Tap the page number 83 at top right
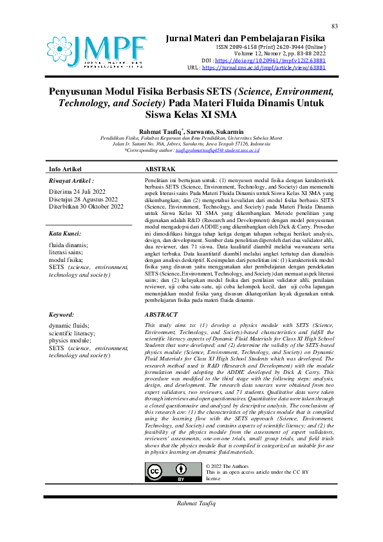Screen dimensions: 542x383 pos(335,26)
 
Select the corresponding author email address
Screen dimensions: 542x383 pos(221,149)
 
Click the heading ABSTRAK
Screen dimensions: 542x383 pos(162,168)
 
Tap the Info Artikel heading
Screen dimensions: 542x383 pos(66,169)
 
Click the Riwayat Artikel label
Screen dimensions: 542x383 pos(71,182)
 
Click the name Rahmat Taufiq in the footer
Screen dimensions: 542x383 pos(192,501)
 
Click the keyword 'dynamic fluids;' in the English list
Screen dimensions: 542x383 pos(70,326)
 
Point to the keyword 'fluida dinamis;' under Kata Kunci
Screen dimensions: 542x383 pos(68,245)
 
